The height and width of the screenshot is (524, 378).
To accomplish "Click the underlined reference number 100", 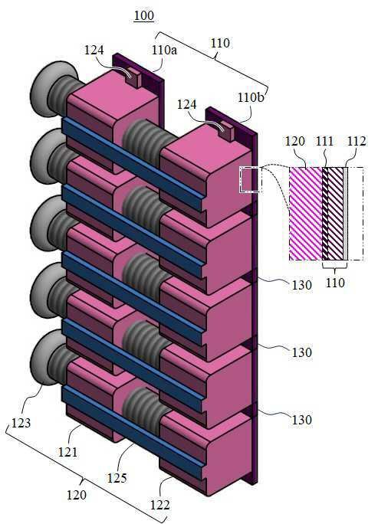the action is tap(144, 16).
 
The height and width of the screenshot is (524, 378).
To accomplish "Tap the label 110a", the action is tap(164, 50).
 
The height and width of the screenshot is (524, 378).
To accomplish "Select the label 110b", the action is tap(251, 97).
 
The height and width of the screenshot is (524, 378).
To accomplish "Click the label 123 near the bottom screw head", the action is tap(21, 423).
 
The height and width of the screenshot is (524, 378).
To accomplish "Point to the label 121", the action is tap(67, 452).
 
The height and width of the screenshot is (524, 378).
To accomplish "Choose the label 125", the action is tap(117, 478).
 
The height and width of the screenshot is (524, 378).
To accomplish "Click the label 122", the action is tap(160, 505).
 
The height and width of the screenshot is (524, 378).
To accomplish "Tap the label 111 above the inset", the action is tap(324, 142).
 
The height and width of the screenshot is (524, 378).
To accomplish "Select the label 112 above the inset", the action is tap(357, 142).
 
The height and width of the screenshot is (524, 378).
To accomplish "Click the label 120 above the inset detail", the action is tap(294, 142).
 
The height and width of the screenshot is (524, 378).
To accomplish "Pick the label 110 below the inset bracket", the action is tap(335, 283).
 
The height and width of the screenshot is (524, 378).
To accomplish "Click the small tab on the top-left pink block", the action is tap(133, 77).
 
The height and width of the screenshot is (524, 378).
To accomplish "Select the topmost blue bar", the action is tap(132, 165).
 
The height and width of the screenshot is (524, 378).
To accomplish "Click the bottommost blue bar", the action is tap(132, 432).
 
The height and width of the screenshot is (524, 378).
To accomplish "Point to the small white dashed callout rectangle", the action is tap(249, 180).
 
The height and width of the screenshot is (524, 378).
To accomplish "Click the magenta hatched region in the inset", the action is tap(305, 214).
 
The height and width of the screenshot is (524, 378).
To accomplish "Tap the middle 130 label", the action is tap(302, 352).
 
